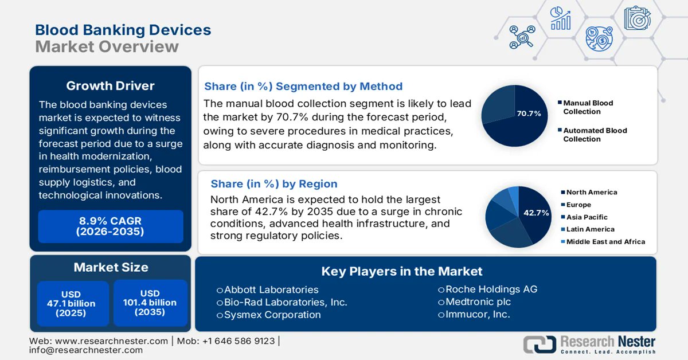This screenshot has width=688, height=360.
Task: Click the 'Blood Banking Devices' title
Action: coord(123,30)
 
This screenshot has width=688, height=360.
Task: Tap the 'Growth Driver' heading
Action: coord(110,86)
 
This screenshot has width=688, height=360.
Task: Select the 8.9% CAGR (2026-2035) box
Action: coord(110,226)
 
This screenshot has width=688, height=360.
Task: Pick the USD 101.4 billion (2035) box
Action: coord(150,303)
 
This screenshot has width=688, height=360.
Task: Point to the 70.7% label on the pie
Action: coord(529,114)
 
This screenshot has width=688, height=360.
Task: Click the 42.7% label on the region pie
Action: coord(536,213)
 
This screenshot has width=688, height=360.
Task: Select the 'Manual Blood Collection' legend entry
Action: coord(587,107)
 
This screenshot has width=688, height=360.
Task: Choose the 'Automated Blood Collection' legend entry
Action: coord(594,135)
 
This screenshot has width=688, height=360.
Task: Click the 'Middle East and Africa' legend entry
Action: coord(605,242)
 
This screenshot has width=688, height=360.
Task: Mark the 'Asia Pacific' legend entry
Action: coord(586,217)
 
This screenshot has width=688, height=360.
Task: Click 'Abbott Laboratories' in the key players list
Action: coord(271,289)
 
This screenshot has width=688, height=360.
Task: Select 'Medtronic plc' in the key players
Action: coord(478,302)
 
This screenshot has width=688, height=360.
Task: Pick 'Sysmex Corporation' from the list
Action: coord(272,315)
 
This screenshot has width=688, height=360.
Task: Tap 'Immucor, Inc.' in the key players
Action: coord(477,314)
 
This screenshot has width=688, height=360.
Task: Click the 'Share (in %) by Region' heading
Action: coord(274,184)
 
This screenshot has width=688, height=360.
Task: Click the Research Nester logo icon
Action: coord(539,344)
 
